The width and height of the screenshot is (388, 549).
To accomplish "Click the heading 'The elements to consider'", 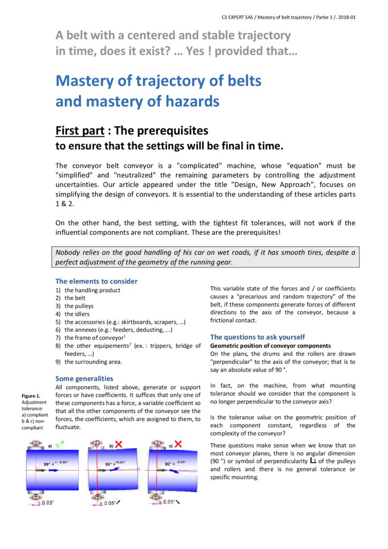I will pyautogui.click(x=96, y=281).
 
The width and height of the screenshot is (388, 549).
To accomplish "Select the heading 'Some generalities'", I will pyautogui.click(x=84, y=378).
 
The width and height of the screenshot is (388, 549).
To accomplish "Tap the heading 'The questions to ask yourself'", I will pyautogui.click(x=257, y=337).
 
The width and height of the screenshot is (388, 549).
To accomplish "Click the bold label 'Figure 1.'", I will pyautogui.click(x=30, y=396).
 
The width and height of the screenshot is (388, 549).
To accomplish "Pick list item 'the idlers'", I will pyautogui.click(x=77, y=314).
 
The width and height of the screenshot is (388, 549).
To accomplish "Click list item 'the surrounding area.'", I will pyautogui.click(x=93, y=362).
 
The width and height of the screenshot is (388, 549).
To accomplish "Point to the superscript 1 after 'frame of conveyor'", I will pyautogui.click(x=124, y=336).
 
